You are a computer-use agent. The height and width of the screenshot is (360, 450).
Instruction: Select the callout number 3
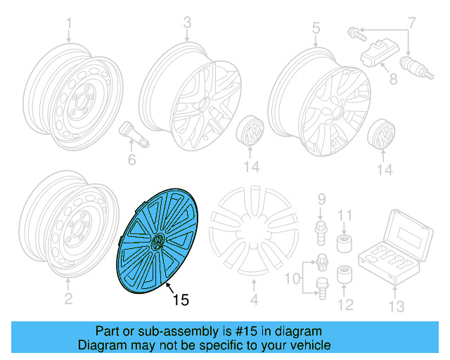click(187, 24)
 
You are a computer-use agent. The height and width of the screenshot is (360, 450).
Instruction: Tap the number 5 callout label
click(316, 28)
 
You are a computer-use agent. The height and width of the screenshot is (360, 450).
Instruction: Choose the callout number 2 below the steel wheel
click(68, 300)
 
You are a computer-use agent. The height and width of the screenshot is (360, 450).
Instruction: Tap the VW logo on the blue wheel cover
click(158, 243)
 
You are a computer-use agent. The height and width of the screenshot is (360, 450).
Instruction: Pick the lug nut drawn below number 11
click(345, 245)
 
